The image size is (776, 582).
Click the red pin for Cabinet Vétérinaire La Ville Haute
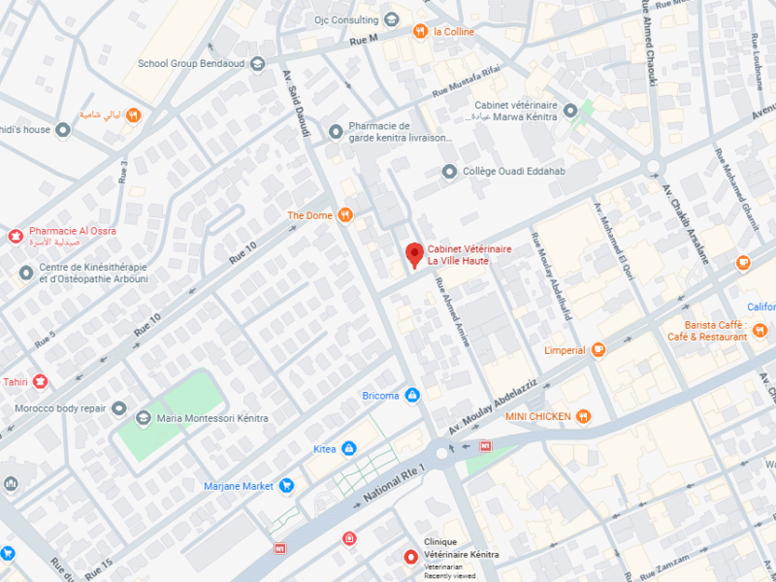(x=414, y=255)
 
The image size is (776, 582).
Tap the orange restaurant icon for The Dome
(x=344, y=215)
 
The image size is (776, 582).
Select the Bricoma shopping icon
(x=412, y=396)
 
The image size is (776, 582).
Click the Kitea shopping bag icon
(x=348, y=448)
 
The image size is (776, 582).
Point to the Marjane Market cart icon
(x=286, y=486)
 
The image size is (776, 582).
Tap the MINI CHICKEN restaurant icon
(x=583, y=416)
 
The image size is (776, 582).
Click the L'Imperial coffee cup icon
(x=598, y=350)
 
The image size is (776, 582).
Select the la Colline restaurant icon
(x=420, y=31)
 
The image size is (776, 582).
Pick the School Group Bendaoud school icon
(x=257, y=64)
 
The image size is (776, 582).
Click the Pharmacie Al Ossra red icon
(x=15, y=236)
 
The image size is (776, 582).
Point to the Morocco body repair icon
(x=119, y=408)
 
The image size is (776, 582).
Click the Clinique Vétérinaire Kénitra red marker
(x=411, y=558)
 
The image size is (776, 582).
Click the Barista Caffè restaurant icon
(x=761, y=332)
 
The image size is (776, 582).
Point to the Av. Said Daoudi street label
(x=298, y=103)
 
